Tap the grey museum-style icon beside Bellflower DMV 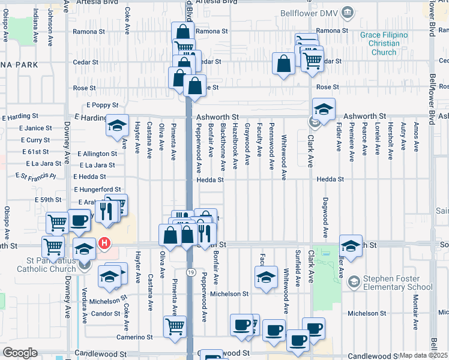click(x=347, y=13)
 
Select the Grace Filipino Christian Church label click(x=384, y=44)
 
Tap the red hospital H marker click(x=104, y=244)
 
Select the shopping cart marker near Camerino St click(x=175, y=327)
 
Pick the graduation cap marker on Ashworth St click(x=324, y=110)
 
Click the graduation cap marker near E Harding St click(x=118, y=125)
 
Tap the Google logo click(x=20, y=353)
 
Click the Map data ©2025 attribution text click(x=423, y=355)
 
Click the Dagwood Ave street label click(x=325, y=217)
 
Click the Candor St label click(x=106, y=314)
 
